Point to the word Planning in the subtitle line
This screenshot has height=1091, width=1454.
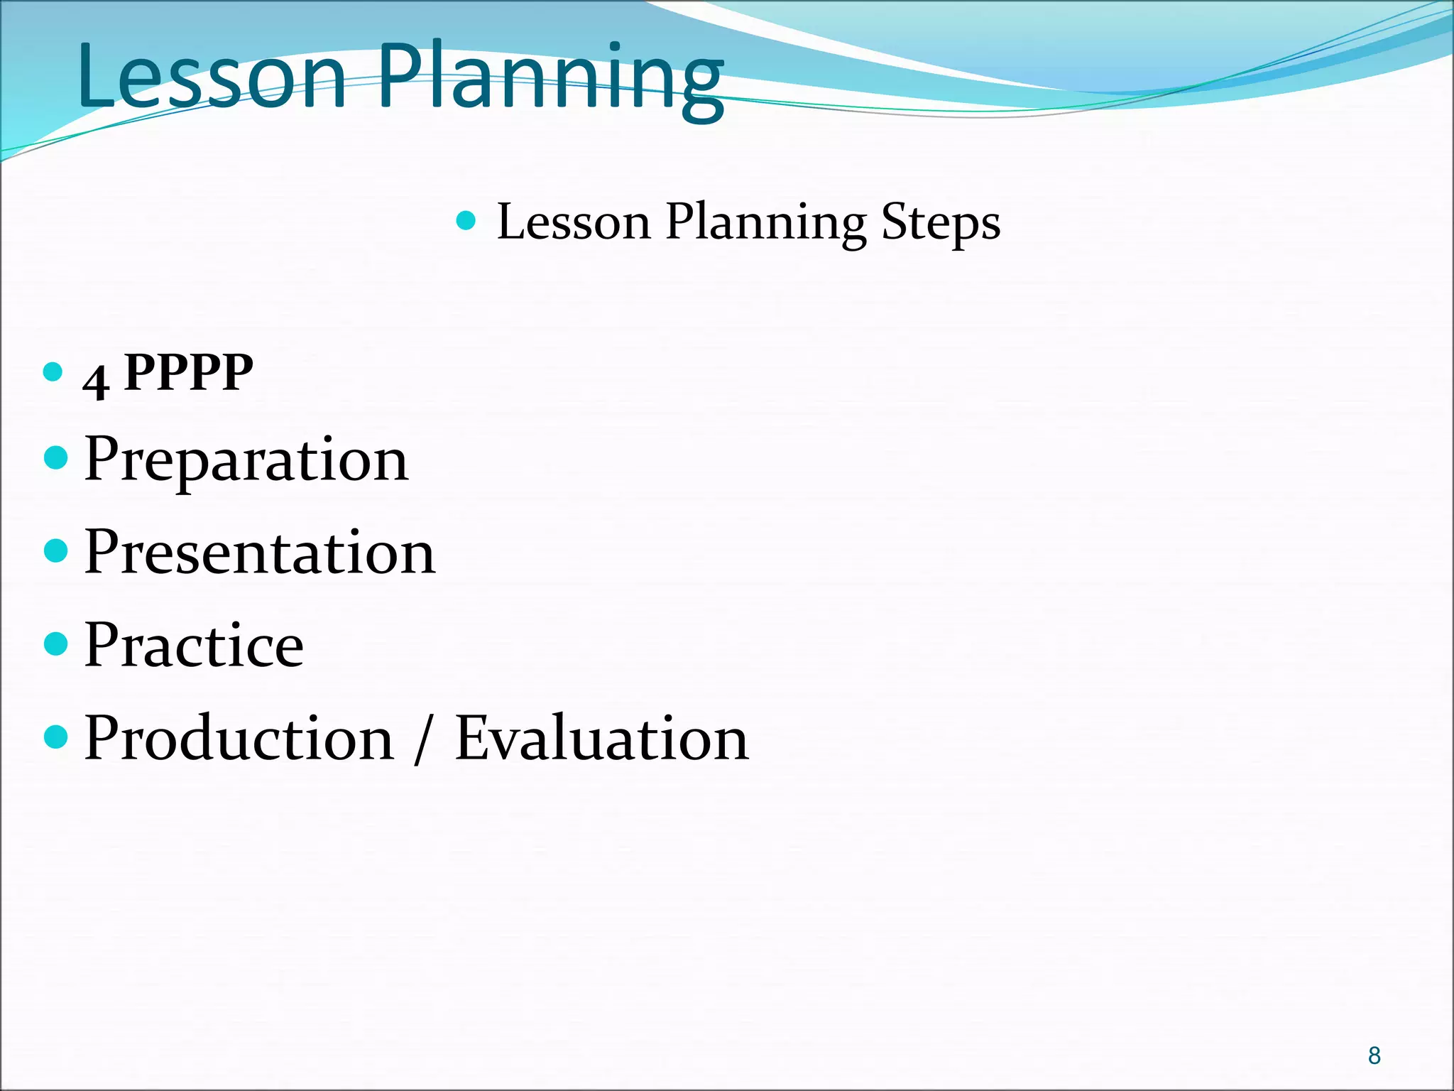point(765,223)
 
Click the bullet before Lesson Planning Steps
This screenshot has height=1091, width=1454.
point(466,221)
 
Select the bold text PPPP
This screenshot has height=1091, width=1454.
point(188,372)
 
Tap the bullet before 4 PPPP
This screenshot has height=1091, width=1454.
point(53,372)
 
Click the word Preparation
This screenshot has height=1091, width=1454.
point(246,460)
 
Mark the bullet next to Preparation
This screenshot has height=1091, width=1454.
point(55,458)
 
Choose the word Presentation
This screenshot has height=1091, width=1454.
point(259,553)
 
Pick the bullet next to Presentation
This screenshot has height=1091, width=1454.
point(55,550)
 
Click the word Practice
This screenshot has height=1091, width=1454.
point(194,645)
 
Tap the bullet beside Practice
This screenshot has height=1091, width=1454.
point(55,644)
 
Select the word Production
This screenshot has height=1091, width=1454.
point(239,738)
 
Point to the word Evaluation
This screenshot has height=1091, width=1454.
point(601,738)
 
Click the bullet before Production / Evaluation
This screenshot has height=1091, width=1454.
point(55,737)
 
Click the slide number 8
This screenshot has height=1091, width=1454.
point(1374,1055)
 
